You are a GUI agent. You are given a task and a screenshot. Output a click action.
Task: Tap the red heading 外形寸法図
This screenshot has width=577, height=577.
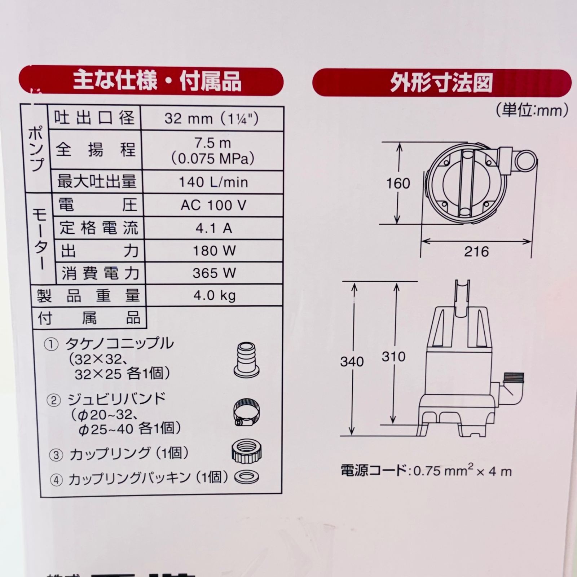(441, 83)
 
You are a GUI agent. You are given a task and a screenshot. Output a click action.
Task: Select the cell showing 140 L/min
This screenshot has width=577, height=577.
(213, 182)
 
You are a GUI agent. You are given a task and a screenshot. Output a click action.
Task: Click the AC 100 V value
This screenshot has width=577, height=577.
(213, 205)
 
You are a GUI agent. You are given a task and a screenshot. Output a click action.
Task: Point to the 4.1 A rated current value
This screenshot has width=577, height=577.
(213, 228)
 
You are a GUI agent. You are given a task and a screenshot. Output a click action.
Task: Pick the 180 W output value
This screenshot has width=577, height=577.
(214, 251)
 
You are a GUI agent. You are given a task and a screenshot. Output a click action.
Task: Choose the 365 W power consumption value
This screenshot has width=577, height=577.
(214, 273)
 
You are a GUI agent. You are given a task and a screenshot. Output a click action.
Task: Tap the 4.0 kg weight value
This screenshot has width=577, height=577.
(214, 296)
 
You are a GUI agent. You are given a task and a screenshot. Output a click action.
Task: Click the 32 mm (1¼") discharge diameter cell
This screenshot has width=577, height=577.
(212, 118)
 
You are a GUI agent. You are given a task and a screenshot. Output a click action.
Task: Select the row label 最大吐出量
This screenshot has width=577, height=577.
(97, 181)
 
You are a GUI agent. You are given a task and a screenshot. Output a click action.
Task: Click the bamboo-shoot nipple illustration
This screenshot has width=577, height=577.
(247, 360)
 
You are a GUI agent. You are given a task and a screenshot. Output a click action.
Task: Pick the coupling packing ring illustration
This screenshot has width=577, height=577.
(247, 477)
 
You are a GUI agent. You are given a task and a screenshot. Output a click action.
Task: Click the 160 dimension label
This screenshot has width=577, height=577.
(398, 184)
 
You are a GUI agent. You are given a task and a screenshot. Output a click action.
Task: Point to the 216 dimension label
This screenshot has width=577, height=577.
(476, 251)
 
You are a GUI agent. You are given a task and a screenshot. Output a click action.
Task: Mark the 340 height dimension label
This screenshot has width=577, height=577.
(352, 361)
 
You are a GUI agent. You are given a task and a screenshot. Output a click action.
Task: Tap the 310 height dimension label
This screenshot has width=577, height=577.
(394, 357)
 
